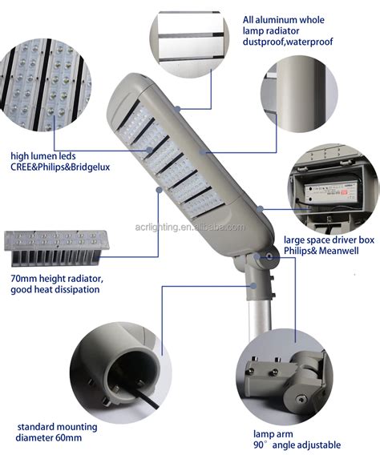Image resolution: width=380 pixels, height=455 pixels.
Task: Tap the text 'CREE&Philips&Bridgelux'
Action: pyautogui.click(x=60, y=167)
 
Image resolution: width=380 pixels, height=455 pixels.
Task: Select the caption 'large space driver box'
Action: pyautogui.click(x=328, y=240)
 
